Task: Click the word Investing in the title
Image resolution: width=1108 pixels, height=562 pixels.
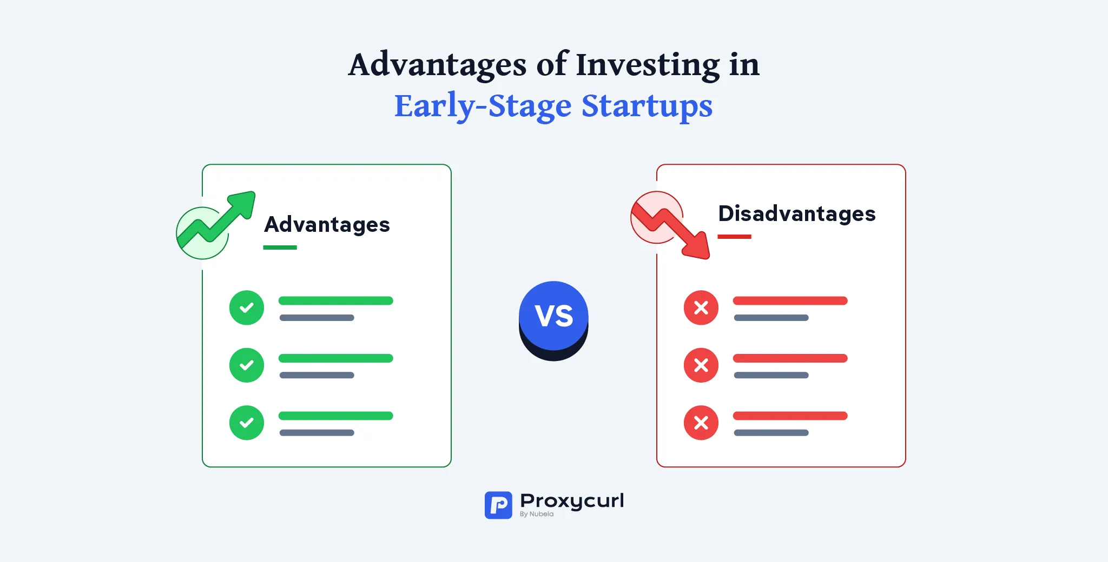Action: pyautogui.click(x=648, y=65)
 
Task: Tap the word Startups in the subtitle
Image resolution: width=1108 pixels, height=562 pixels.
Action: pyautogui.click(x=647, y=106)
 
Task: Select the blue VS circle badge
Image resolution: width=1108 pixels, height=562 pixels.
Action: pyautogui.click(x=553, y=316)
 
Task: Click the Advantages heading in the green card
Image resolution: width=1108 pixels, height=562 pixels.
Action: pyautogui.click(x=327, y=224)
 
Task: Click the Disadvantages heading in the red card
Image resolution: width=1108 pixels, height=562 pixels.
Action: pyautogui.click(x=796, y=213)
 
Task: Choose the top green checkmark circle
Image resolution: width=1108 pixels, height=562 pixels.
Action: pyautogui.click(x=247, y=307)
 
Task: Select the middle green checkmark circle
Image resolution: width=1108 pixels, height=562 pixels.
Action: pyautogui.click(x=247, y=365)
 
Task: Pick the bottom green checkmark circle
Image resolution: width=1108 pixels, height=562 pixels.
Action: pyautogui.click(x=247, y=423)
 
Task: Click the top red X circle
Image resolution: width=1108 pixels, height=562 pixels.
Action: pyautogui.click(x=701, y=307)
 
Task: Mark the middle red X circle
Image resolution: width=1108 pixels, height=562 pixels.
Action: pyautogui.click(x=701, y=365)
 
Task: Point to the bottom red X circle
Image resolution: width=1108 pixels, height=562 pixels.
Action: pyautogui.click(x=701, y=423)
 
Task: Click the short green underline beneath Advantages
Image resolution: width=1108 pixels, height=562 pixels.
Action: pyautogui.click(x=280, y=247)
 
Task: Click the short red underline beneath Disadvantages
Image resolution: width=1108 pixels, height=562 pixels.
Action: pyautogui.click(x=734, y=237)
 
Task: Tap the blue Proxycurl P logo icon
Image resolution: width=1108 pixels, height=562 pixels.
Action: pyautogui.click(x=498, y=505)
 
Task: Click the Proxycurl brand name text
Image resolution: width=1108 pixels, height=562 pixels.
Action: pyautogui.click(x=572, y=500)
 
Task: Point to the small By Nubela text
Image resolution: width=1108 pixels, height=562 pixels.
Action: pyautogui.click(x=536, y=514)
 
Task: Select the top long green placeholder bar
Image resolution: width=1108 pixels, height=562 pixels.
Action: pyautogui.click(x=335, y=301)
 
